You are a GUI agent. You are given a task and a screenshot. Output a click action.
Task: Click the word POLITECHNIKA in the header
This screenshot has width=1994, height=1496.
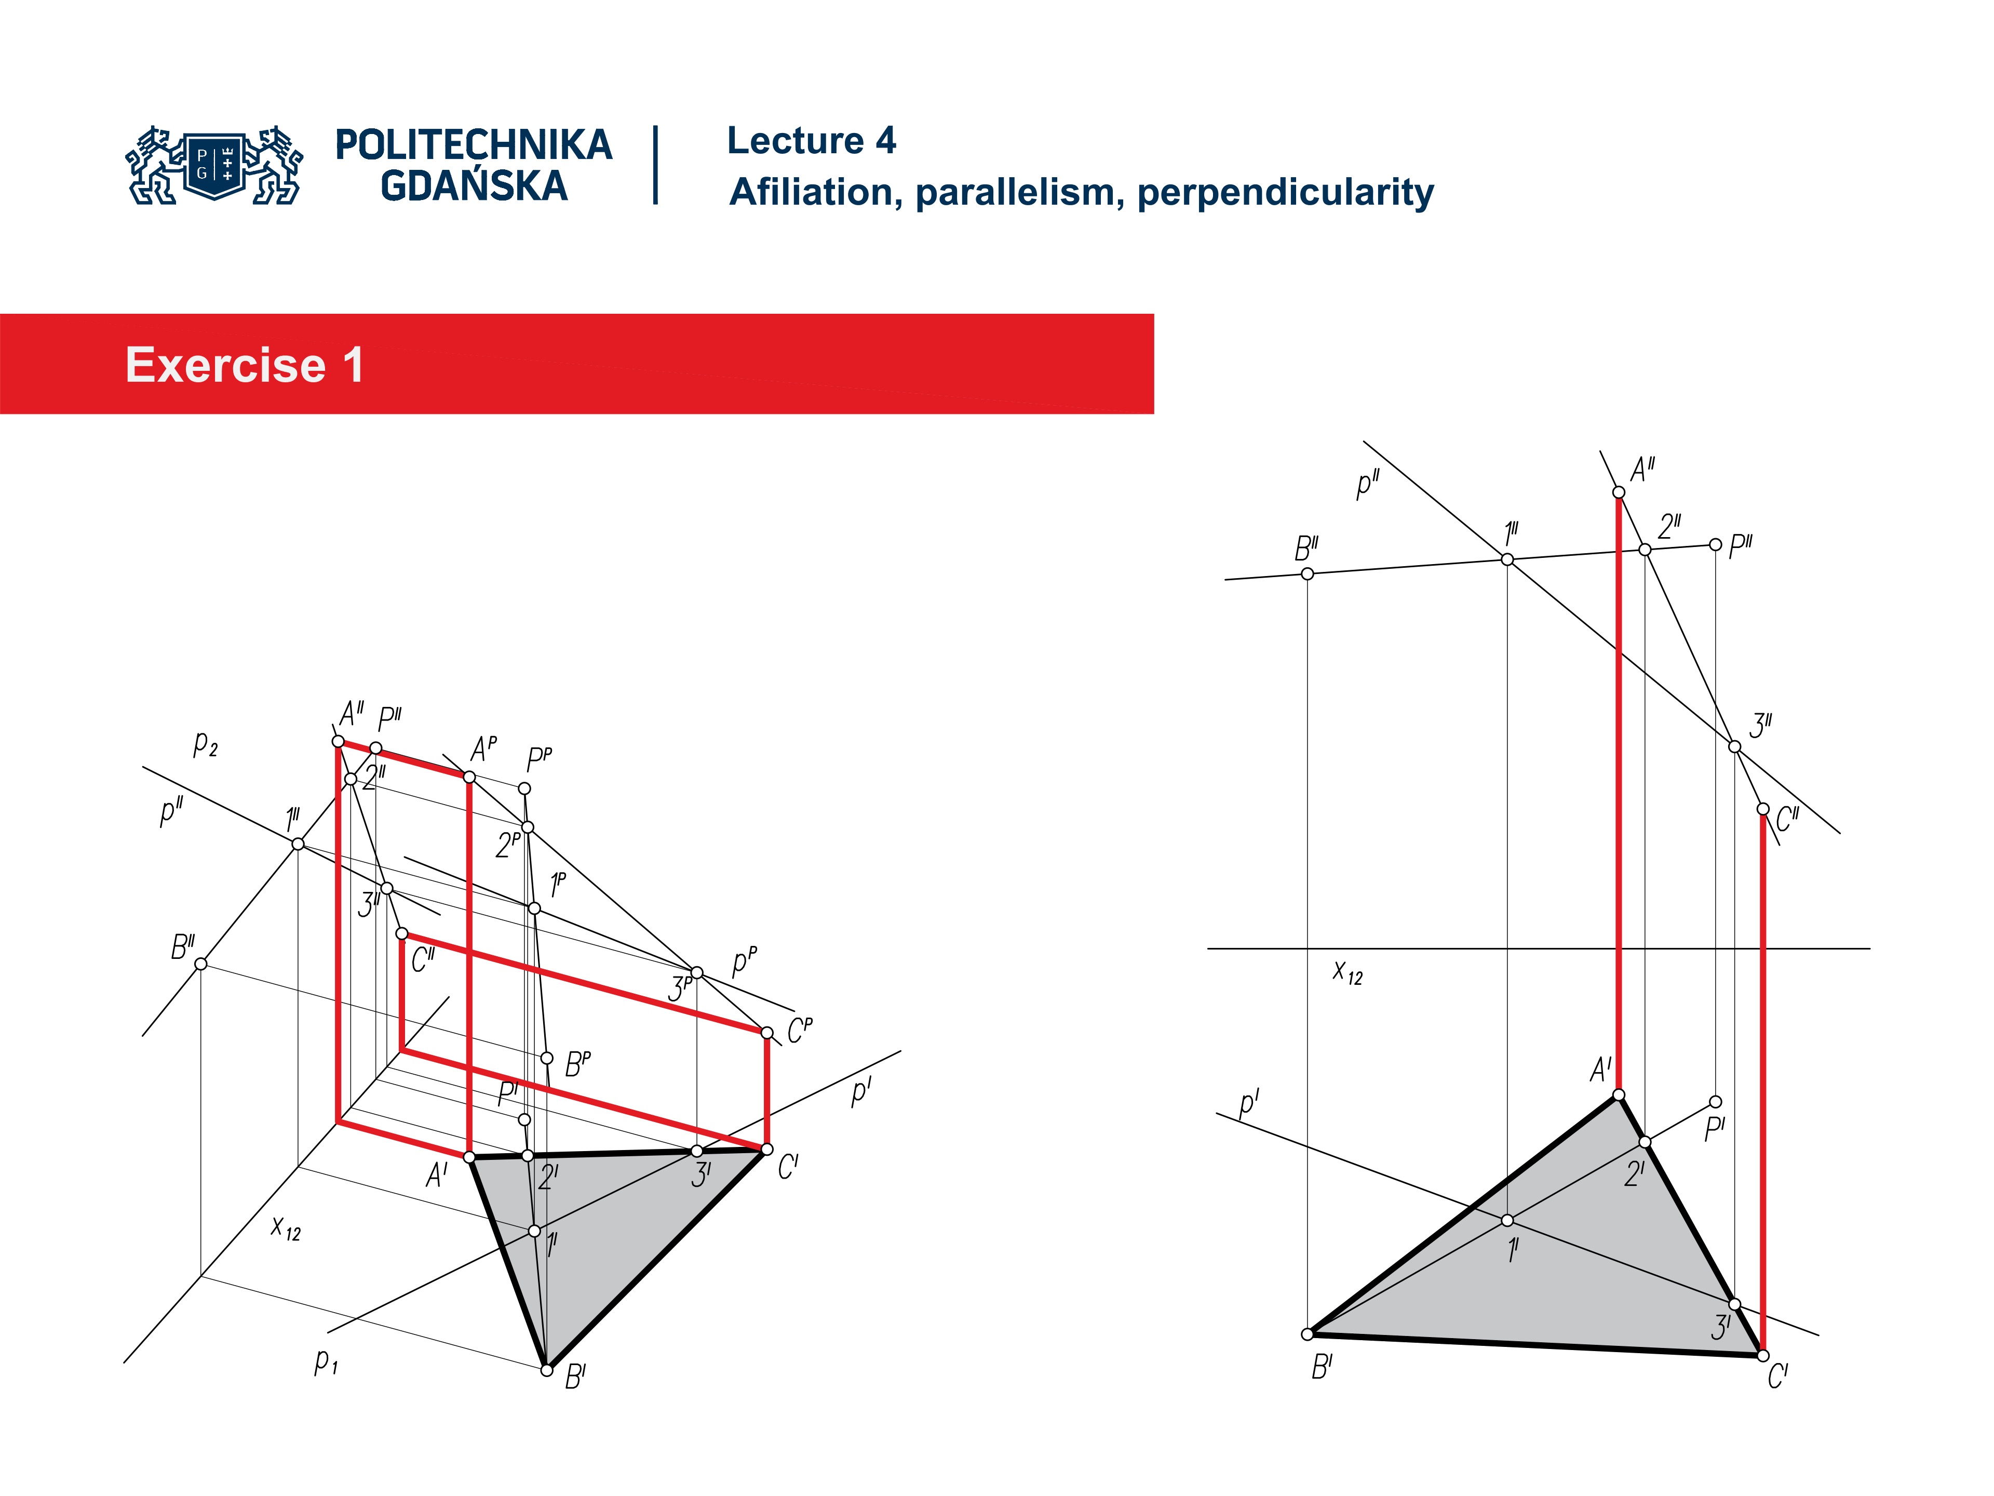pos(473,145)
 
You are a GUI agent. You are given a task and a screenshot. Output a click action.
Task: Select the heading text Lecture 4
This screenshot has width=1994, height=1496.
pos(811,141)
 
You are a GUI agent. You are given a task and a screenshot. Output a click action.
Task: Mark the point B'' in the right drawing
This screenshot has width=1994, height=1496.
pos(1307,573)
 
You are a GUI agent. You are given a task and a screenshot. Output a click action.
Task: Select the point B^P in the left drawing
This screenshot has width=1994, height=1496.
pos(546,1058)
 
